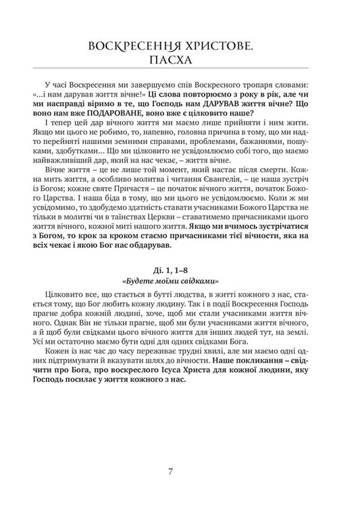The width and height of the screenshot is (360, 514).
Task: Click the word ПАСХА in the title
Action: point(180,61)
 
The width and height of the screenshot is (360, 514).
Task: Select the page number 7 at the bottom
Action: point(180,471)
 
